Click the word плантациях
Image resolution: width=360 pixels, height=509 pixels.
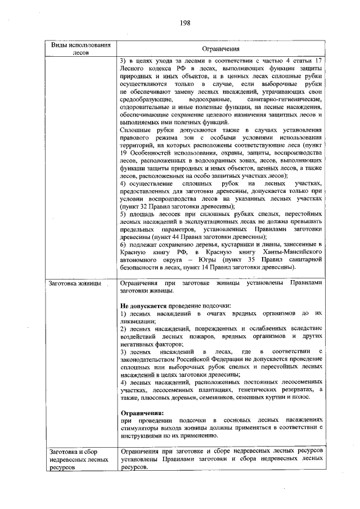point(232,389)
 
